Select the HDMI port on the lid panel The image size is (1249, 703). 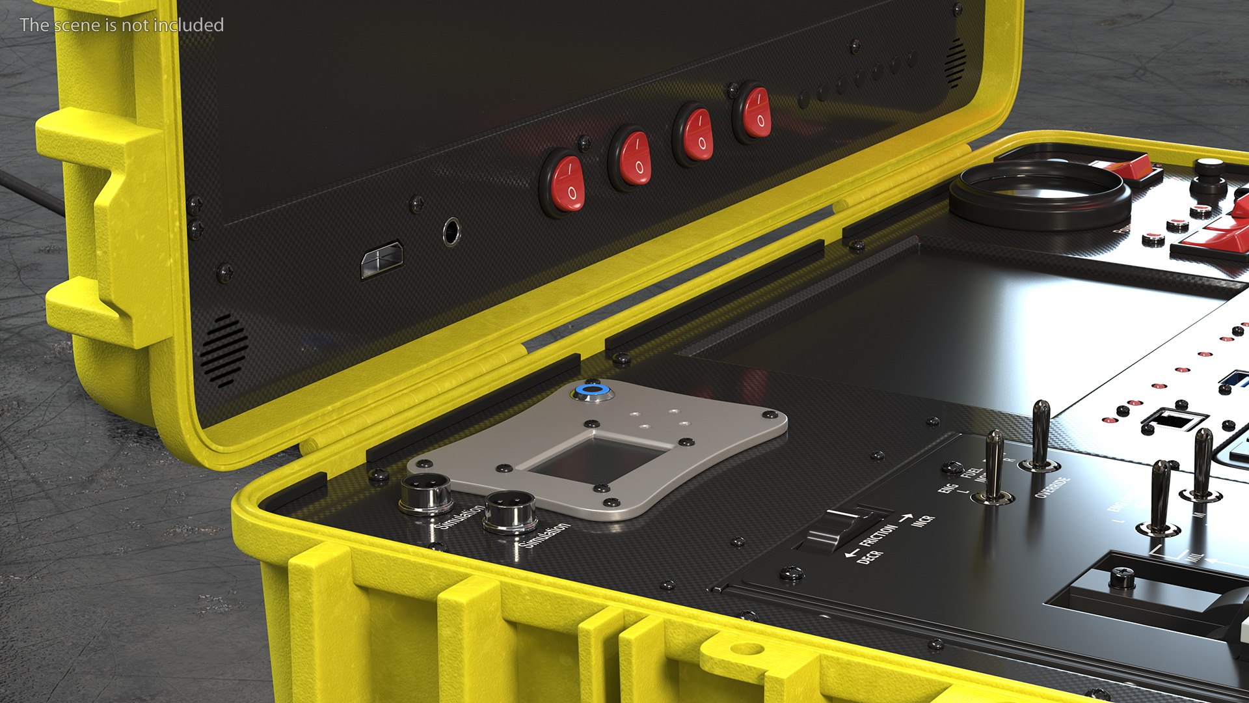click(382, 260)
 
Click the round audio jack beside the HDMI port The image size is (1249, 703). click(451, 230)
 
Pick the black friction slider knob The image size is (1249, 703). click(833, 531)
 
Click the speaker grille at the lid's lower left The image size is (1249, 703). click(224, 351)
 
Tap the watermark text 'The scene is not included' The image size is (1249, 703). click(122, 25)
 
